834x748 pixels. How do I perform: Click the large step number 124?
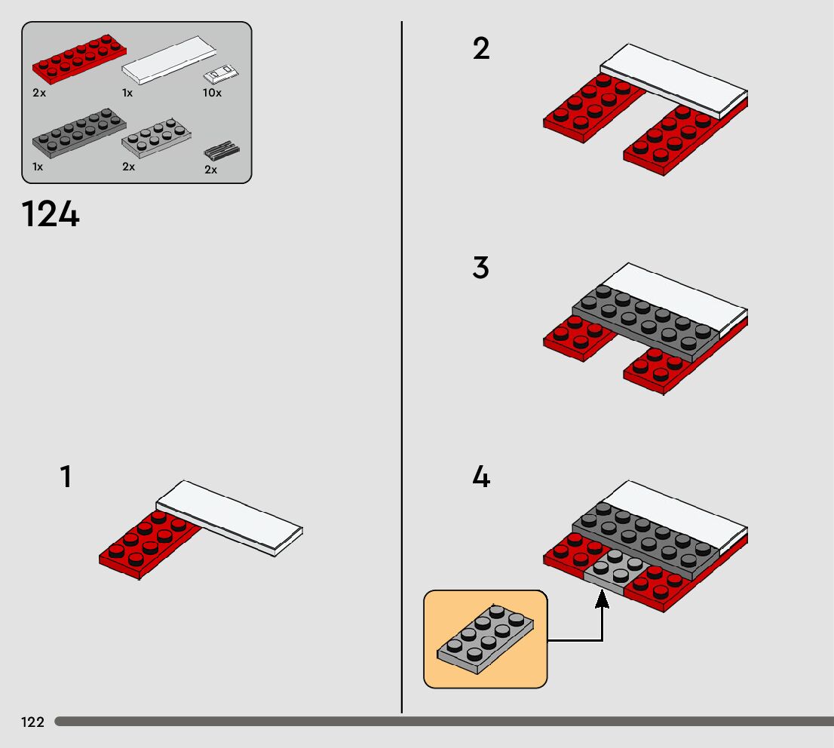click(x=51, y=215)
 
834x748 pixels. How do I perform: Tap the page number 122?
click(x=32, y=722)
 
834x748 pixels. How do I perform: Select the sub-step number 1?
click(x=66, y=477)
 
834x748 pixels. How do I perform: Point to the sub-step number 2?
click(x=481, y=50)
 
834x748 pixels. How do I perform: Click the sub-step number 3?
click(x=481, y=268)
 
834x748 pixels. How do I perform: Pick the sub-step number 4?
click(x=481, y=477)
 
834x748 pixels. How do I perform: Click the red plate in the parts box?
click(x=79, y=58)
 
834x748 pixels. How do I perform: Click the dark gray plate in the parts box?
click(x=78, y=133)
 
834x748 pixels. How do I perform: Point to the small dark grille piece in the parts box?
click(x=222, y=150)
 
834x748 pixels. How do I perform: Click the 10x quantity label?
click(x=212, y=93)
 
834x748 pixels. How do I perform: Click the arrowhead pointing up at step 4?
click(x=602, y=599)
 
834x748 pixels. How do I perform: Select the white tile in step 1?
click(x=230, y=517)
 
